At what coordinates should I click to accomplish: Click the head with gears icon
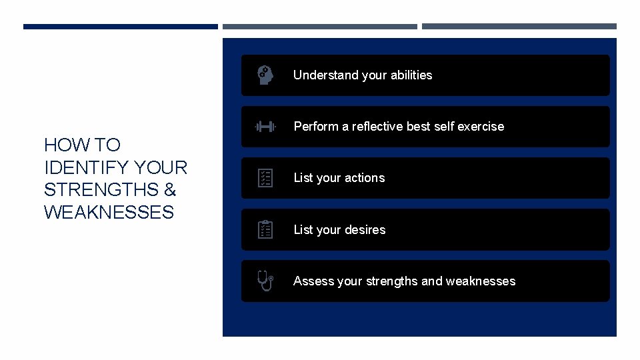tap(265, 75)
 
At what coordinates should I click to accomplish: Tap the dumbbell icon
tap(265, 127)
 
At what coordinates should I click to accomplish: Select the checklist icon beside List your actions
tap(265, 178)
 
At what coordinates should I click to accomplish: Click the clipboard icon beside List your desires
tap(265, 230)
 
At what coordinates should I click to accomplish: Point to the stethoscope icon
tap(265, 281)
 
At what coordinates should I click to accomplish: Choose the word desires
tap(365, 230)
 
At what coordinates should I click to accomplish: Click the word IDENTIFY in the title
tap(85, 167)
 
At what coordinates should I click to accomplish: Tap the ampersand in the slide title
tap(169, 190)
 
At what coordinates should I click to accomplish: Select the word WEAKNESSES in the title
tap(109, 213)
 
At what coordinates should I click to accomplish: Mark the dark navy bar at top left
tap(121, 27)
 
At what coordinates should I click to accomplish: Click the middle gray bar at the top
tap(319, 27)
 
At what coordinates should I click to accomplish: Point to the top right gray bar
tap(519, 27)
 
